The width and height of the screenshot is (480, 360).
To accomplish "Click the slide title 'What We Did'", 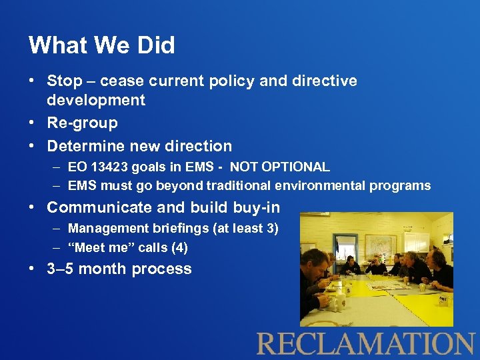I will (102, 45).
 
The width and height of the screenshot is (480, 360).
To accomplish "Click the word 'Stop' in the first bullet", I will (64, 81).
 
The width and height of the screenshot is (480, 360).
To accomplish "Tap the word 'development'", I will (96, 101).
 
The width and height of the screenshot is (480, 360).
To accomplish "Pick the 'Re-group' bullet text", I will (82, 123).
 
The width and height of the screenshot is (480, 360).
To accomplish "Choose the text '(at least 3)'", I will (245, 229).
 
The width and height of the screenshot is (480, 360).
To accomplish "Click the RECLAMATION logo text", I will (365, 343).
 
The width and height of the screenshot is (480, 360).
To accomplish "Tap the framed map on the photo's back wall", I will (381, 244).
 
